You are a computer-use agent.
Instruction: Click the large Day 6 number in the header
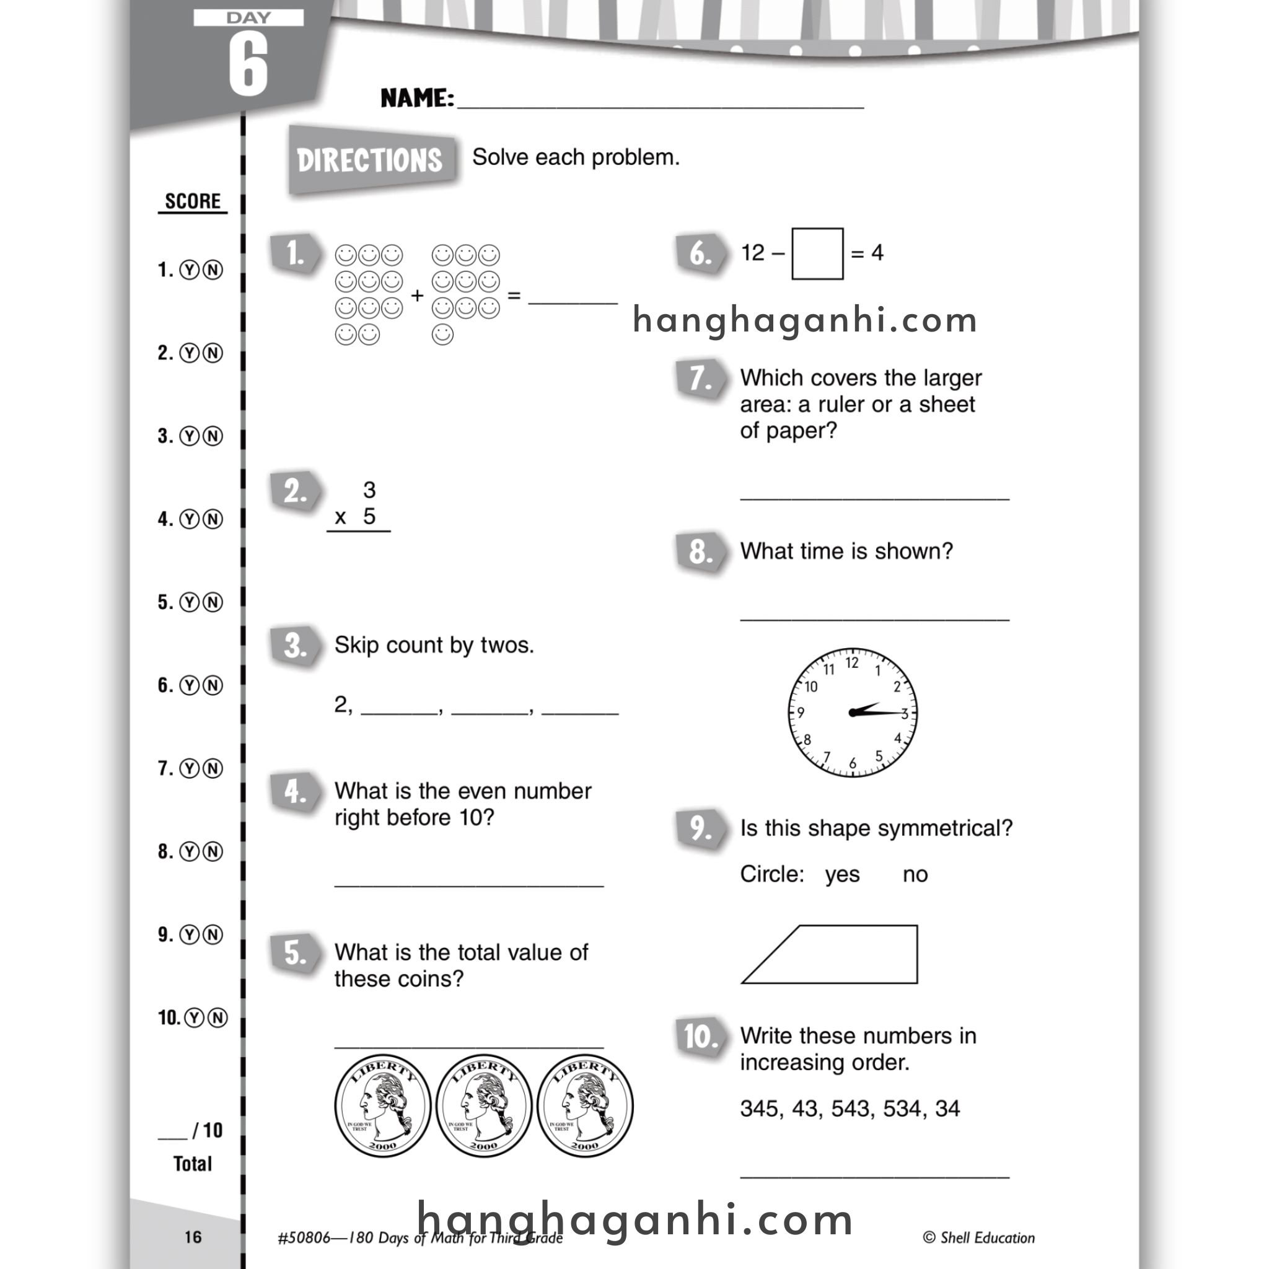248,64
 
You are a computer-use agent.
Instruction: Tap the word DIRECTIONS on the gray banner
369,160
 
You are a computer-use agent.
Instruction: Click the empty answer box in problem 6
817,253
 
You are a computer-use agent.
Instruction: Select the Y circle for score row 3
189,436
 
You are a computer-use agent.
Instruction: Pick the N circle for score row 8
213,852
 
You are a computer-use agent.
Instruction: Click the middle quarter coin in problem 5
483,1106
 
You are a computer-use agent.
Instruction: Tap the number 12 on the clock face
852,663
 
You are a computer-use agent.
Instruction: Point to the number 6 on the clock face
853,763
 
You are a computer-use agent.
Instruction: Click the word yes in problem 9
842,874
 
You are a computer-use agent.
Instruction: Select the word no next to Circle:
915,874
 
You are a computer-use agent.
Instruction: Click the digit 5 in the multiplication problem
369,516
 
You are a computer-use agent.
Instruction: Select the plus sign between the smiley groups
417,296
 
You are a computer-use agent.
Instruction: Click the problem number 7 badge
700,379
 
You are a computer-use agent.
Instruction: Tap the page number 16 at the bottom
193,1237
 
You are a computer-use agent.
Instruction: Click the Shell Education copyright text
978,1237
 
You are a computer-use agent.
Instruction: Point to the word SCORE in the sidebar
193,201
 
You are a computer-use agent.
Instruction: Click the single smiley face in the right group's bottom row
442,335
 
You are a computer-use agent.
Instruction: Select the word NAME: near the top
417,99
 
